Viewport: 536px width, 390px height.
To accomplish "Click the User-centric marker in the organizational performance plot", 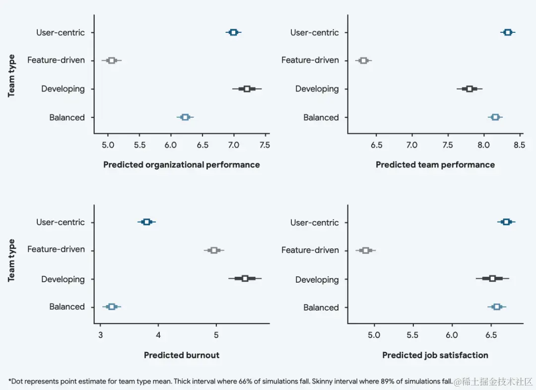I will tap(233, 32).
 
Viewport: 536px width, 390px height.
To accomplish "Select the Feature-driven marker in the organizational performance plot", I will tap(112, 61).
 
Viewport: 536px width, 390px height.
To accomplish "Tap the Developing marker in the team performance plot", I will tap(469, 89).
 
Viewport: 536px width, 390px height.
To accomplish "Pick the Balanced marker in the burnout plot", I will tap(112, 307).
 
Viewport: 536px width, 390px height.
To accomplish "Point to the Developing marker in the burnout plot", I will tap(245, 278).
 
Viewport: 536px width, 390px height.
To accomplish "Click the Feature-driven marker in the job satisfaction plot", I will tap(366, 250).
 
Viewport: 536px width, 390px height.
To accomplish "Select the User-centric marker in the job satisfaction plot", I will tap(506, 222).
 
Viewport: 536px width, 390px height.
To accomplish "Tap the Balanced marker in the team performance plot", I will tap(495, 117).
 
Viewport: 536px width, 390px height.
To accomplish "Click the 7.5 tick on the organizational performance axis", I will tap(265, 146).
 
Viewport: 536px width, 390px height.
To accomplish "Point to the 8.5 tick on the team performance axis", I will tap(520, 146).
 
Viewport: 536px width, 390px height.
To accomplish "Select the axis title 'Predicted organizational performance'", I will tap(182, 164).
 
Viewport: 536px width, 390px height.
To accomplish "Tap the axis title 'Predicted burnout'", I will tap(182, 355).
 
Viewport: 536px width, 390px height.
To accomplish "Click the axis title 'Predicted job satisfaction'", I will tap(435, 355).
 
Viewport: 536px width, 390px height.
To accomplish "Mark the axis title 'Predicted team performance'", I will tap(435, 164).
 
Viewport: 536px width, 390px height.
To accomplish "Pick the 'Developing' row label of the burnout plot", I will tap(63, 279).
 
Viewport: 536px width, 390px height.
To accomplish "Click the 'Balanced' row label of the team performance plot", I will tap(321, 118).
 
